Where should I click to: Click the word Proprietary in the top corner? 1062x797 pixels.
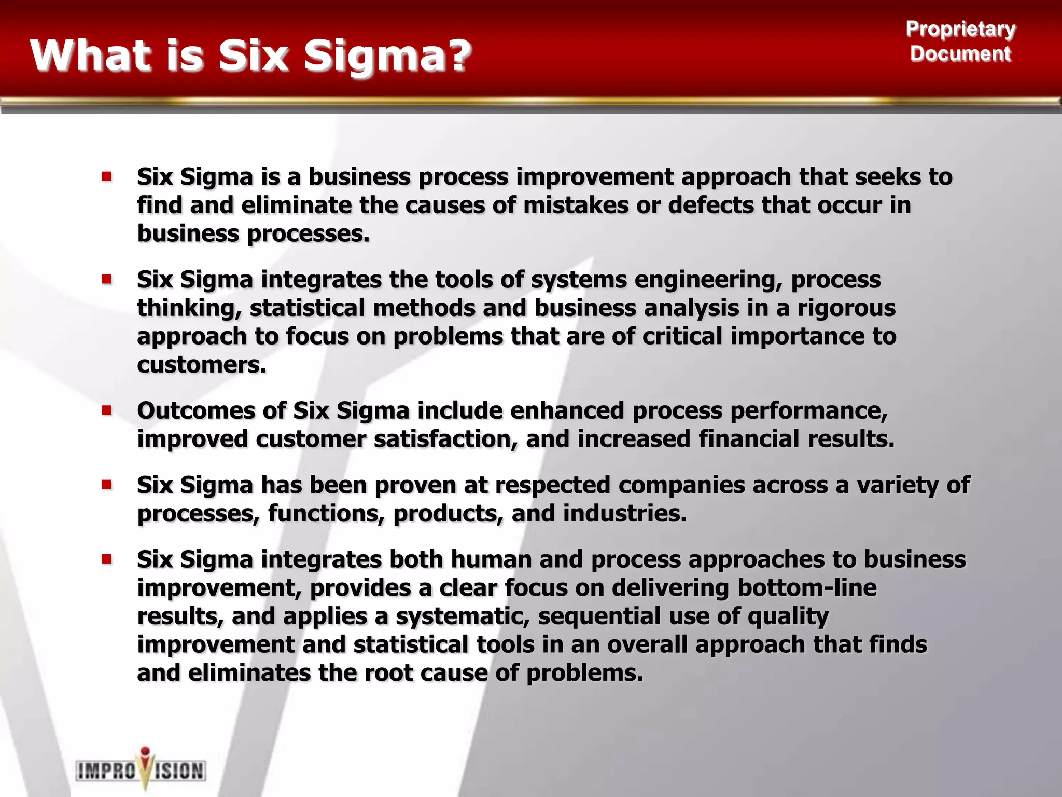[x=960, y=29]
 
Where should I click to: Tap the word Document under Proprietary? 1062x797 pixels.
[x=960, y=54]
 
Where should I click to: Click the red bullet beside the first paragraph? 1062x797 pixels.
[x=107, y=177]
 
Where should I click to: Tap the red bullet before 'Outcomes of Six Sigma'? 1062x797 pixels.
[x=107, y=411]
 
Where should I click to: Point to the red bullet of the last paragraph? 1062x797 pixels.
[x=107, y=559]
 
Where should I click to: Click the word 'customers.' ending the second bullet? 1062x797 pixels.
[x=202, y=365]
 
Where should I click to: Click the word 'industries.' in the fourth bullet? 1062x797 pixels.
[x=625, y=514]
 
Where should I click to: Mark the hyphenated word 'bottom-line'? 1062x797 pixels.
[x=807, y=588]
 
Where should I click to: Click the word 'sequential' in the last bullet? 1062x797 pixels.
[x=599, y=616]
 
